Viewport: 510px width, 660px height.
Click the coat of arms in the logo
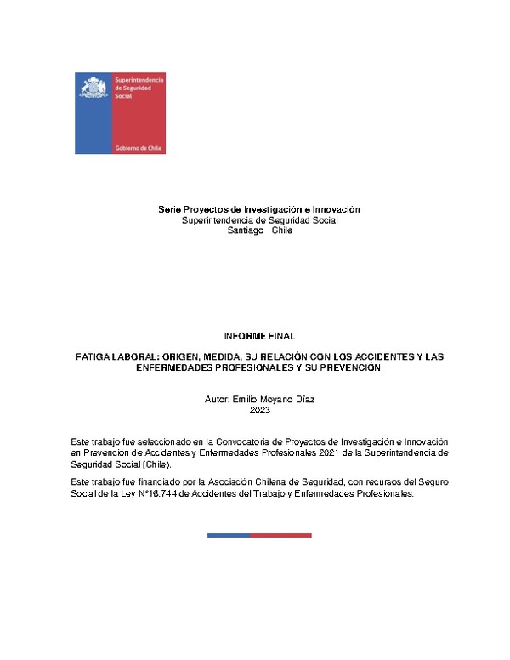coord(93,88)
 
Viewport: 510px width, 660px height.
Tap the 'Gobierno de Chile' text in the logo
coord(139,147)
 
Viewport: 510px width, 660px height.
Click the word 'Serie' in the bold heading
coord(170,209)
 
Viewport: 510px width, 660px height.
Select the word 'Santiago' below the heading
coord(240,230)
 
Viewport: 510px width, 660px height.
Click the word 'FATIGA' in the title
coord(93,360)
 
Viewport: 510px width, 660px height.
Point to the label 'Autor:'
coord(218,399)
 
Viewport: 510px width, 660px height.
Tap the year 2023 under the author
coord(259,410)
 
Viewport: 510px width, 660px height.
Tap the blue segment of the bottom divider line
coord(229,535)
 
